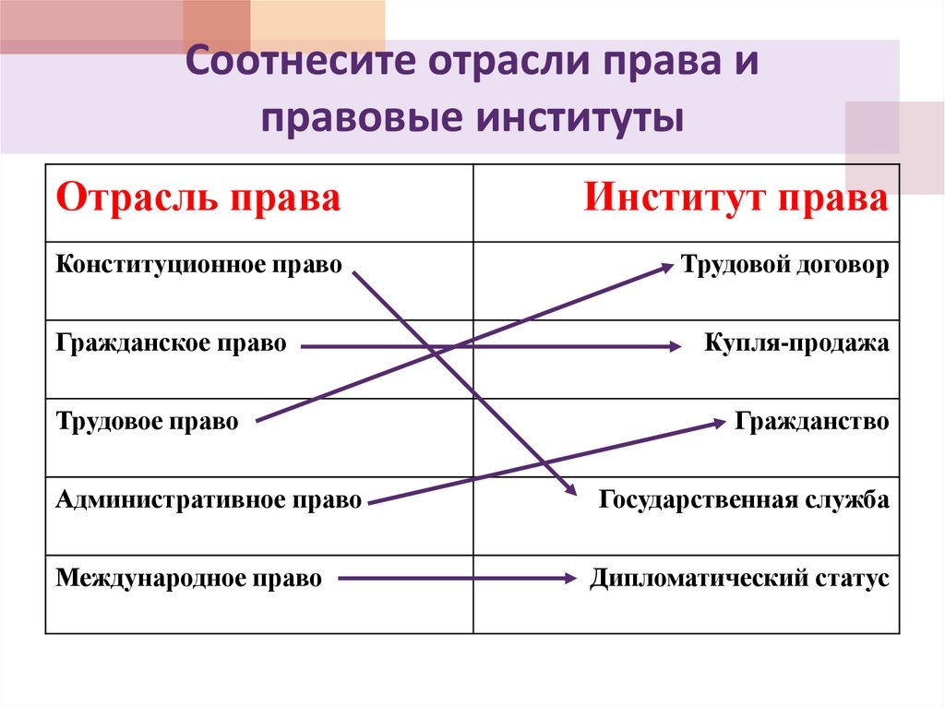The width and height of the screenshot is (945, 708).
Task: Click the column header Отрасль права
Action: pyautogui.click(x=198, y=199)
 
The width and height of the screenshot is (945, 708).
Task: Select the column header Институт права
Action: pyautogui.click(x=736, y=199)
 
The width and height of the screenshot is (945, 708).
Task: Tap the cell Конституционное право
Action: pyautogui.click(x=198, y=266)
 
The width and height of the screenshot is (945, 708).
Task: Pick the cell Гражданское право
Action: pyautogui.click(x=171, y=344)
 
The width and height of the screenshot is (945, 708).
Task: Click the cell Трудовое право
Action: pyautogui.click(x=148, y=423)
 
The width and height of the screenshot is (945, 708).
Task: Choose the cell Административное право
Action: pyautogui.click(x=209, y=501)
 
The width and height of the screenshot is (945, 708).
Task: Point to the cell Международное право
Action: pyautogui.click(x=189, y=580)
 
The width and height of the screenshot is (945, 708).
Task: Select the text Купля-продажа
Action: pyautogui.click(x=796, y=344)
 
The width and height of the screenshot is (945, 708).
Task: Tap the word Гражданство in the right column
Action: pyautogui.click(x=812, y=423)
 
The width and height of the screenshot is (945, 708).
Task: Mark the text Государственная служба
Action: pyautogui.click(x=744, y=501)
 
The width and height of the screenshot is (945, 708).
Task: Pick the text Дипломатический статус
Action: pyautogui.click(x=739, y=580)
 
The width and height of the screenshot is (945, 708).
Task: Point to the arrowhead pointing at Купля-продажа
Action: pyautogui.click(x=674, y=347)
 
